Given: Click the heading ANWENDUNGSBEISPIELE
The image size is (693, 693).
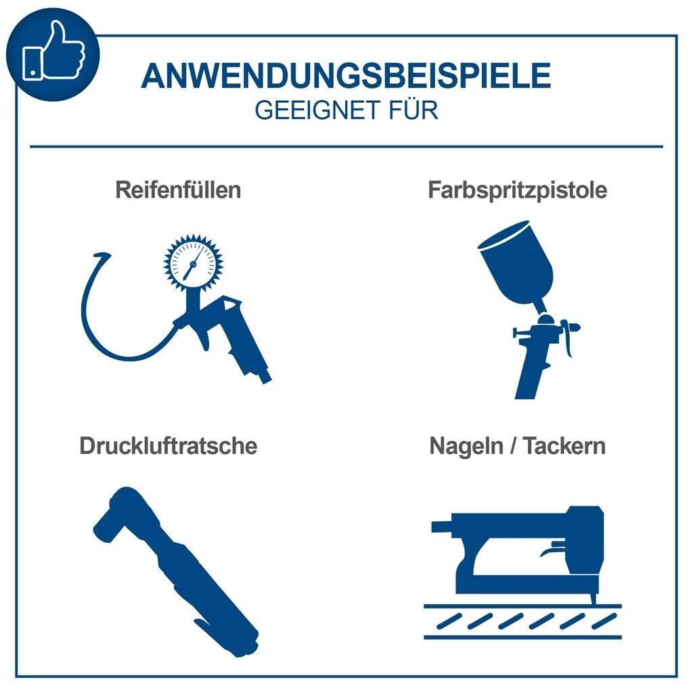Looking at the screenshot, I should coord(346,76).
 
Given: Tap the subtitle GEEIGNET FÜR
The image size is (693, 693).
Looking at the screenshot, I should coord(346,110).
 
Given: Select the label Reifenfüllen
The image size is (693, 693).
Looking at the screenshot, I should coord(178,190).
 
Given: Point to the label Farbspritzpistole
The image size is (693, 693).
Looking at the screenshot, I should coord(517,190).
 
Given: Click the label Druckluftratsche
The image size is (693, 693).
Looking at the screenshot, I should coord(169,446).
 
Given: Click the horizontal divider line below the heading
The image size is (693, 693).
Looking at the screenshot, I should coord(346,146).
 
